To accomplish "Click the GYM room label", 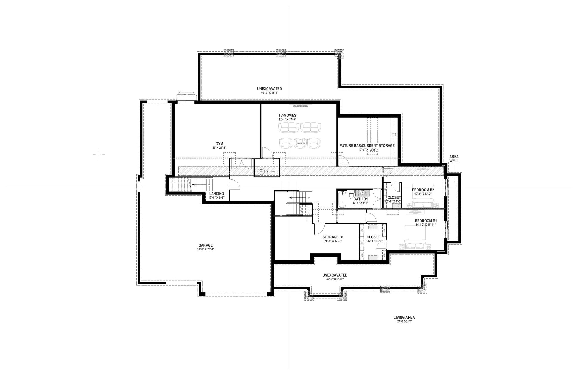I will [x=219, y=144].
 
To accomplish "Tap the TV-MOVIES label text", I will [x=287, y=115].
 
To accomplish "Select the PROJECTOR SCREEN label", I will [x=301, y=106].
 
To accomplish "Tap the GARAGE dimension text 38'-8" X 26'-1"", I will [x=205, y=249].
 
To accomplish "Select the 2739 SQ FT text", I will [x=404, y=321].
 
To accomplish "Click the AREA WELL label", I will [x=454, y=159].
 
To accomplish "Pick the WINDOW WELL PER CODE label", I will [x=186, y=95].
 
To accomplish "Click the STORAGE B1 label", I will [x=333, y=237].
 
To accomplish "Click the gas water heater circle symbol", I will [x=261, y=171].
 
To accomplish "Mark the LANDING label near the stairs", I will [x=216, y=194].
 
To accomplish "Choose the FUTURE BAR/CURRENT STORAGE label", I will [x=367, y=146].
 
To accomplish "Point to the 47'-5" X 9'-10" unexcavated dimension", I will [x=335, y=279].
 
